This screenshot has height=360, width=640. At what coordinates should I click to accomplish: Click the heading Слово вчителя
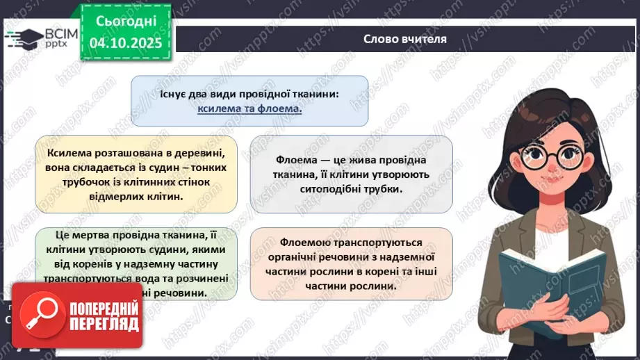click(x=405, y=39)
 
